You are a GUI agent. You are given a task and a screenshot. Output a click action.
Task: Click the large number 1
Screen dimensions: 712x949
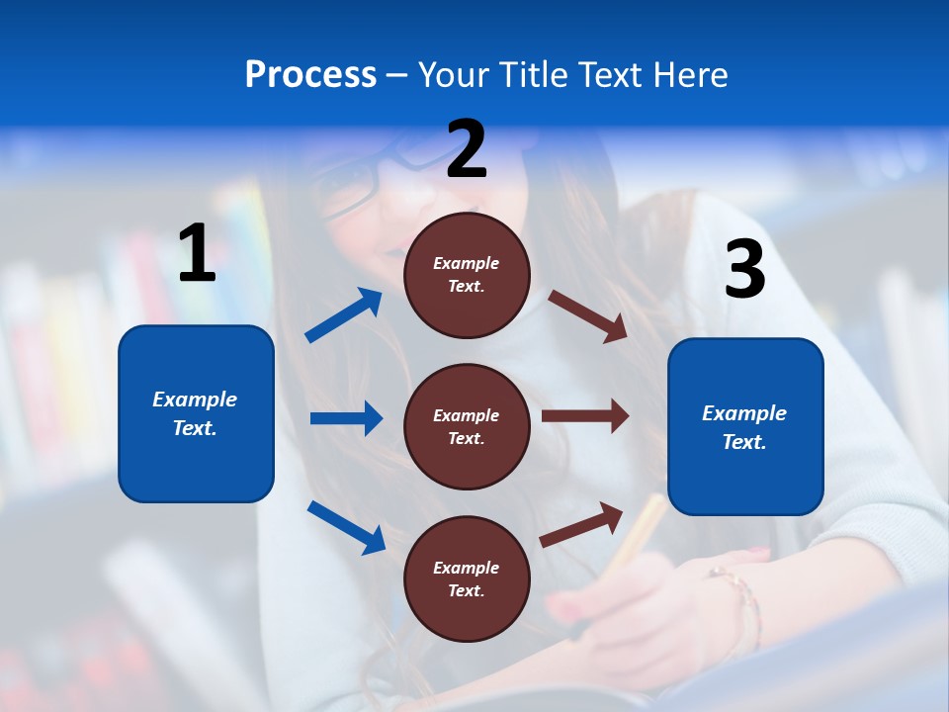click(x=197, y=254)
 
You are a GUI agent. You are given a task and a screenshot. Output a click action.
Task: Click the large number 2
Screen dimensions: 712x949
click(x=467, y=149)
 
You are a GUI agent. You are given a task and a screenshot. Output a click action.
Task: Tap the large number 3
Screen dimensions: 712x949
click(x=744, y=270)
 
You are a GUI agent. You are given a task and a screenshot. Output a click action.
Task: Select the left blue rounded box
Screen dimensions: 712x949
click(x=196, y=413)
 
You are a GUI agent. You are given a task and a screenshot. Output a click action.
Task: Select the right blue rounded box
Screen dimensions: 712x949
click(x=745, y=426)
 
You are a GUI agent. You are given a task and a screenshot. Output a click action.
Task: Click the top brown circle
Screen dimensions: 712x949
click(x=467, y=275)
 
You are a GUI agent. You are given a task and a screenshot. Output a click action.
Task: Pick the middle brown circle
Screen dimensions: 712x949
click(x=467, y=426)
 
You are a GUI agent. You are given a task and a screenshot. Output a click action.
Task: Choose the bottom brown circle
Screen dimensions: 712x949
click(x=467, y=578)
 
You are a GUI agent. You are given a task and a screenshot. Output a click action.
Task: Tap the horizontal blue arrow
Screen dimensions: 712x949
click(x=346, y=418)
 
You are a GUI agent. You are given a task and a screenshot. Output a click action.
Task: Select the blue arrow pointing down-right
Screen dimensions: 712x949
click(x=346, y=526)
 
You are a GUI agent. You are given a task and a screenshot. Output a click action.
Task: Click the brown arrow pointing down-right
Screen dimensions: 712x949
click(x=588, y=316)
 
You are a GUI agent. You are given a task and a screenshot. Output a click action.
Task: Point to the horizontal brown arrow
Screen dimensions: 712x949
click(x=585, y=416)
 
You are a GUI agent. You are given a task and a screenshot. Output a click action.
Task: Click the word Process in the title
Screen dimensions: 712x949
click(x=310, y=74)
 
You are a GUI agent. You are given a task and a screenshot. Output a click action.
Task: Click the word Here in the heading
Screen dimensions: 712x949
click(x=691, y=74)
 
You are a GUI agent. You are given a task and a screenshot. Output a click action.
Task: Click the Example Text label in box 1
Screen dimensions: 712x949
click(x=195, y=413)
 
